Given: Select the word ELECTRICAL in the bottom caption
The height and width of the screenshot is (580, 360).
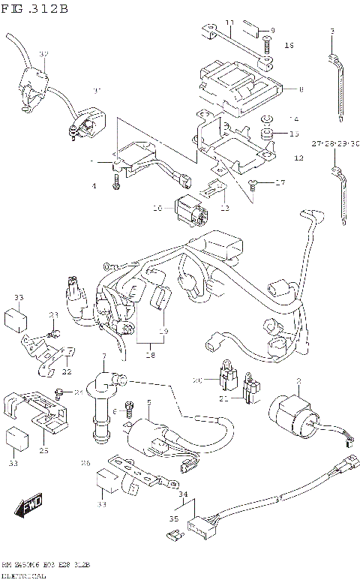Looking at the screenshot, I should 24,574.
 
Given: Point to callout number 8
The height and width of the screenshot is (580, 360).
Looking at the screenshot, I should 301,90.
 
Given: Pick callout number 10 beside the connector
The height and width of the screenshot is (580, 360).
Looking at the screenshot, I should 158,207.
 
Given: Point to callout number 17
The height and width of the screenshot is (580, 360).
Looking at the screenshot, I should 282,182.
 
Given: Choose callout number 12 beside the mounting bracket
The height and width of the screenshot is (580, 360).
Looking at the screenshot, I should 298,158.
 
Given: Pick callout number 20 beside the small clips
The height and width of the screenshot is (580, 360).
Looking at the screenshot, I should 198,380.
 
